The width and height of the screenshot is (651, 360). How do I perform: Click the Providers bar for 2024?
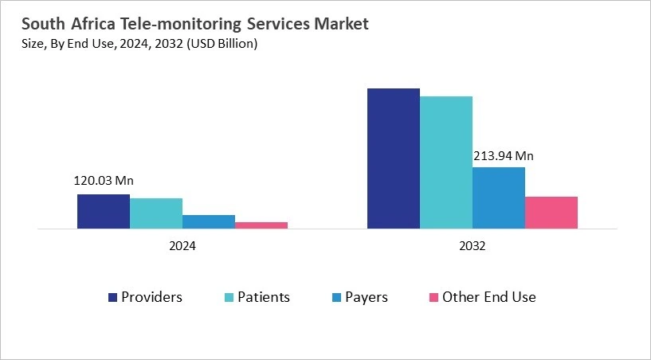click(x=104, y=211)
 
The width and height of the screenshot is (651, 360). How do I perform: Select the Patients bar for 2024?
click(x=156, y=213)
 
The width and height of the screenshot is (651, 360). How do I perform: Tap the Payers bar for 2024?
click(x=209, y=221)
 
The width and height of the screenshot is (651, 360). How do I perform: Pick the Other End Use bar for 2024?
click(x=261, y=225)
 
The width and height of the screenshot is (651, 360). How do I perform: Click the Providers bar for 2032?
click(x=393, y=158)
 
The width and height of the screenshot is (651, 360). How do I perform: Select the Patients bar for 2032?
click(x=445, y=162)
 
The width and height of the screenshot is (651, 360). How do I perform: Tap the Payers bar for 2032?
click(x=498, y=198)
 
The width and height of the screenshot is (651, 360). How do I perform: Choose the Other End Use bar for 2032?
click(x=551, y=213)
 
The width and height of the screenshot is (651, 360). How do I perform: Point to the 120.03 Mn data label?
click(x=104, y=181)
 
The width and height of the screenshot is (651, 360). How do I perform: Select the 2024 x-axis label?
click(x=182, y=247)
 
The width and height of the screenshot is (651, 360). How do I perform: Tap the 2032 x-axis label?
click(x=472, y=247)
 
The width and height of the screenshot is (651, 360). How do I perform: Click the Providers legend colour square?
click(x=113, y=298)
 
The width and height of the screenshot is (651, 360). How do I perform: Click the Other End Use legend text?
click(x=488, y=297)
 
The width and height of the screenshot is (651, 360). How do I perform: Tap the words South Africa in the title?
click(x=56, y=25)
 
